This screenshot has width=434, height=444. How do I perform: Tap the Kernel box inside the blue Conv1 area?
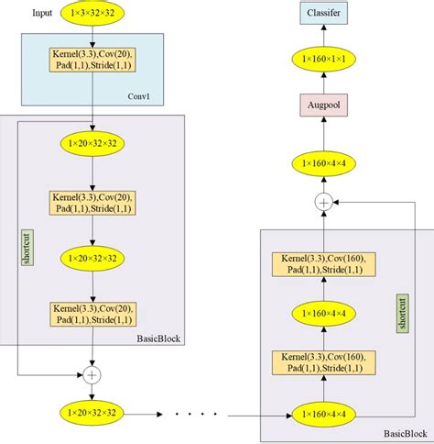[x=92, y=61]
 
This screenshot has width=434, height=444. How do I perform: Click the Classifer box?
[x=323, y=14]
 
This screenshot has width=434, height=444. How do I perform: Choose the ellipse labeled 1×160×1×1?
[x=323, y=59]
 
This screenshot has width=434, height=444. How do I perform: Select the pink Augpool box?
[x=323, y=107]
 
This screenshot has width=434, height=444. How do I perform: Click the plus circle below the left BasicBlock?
[x=92, y=374]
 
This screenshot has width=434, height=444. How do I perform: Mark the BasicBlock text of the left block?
[x=157, y=339]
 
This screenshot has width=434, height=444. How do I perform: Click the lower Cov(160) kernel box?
[x=323, y=361]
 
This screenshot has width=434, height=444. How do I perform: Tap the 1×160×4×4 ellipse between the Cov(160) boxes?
[x=323, y=314]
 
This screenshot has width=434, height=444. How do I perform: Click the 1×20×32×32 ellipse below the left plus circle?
[x=92, y=415]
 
